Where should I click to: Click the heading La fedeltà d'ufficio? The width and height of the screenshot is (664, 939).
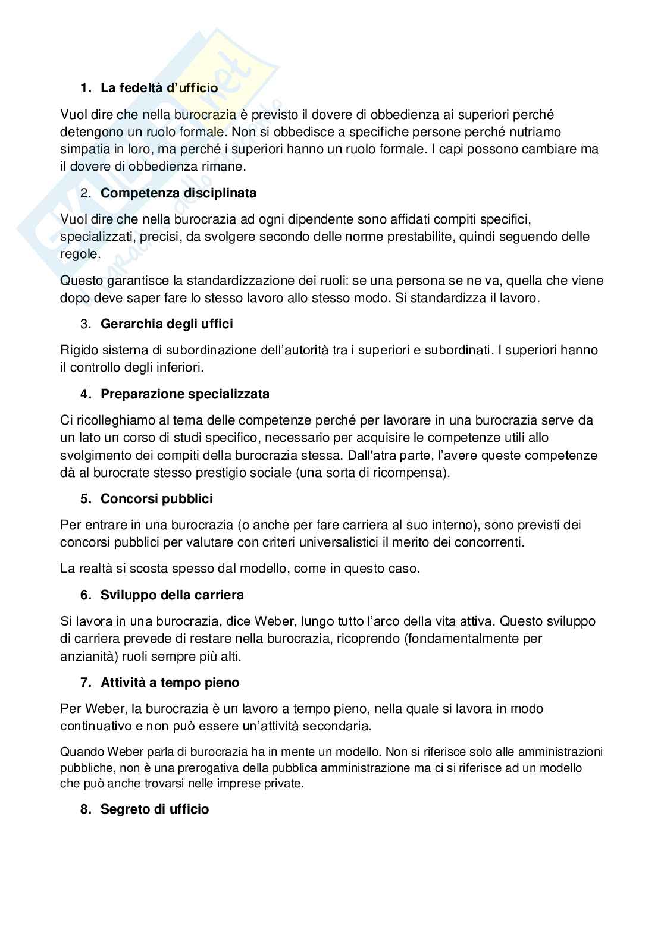click(159, 88)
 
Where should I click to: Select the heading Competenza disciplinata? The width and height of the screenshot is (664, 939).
click(178, 193)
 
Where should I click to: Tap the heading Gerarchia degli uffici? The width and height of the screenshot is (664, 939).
click(167, 324)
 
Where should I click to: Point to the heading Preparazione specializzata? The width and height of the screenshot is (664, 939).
click(185, 394)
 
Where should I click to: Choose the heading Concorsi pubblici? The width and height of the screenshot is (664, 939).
click(156, 498)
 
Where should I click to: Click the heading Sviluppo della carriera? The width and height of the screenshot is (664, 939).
click(172, 595)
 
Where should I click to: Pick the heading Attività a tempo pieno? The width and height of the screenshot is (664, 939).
click(170, 682)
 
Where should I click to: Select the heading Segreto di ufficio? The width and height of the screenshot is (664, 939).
click(155, 809)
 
